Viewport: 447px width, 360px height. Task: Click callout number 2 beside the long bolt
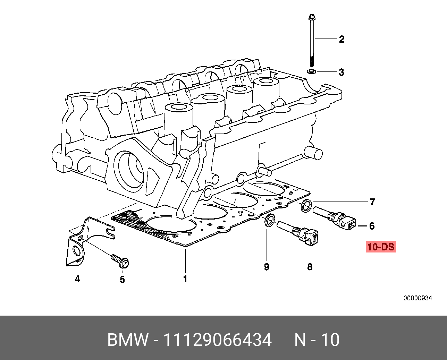click(x=341, y=39)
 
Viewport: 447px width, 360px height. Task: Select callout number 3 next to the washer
click(x=341, y=72)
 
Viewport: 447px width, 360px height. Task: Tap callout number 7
click(x=372, y=202)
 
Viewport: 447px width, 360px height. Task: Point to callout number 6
click(x=372, y=226)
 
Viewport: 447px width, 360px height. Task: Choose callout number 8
click(x=310, y=267)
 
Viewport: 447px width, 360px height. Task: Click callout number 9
click(x=267, y=267)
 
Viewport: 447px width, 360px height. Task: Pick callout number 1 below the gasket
click(x=185, y=279)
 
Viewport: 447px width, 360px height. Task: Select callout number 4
click(x=77, y=278)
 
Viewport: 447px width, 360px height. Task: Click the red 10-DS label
click(x=381, y=247)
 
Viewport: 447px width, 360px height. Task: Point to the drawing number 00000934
click(x=418, y=298)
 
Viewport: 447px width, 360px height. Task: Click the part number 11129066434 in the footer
click(x=217, y=340)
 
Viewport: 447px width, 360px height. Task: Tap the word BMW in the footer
click(x=128, y=340)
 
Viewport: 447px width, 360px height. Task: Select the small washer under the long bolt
click(x=312, y=71)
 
